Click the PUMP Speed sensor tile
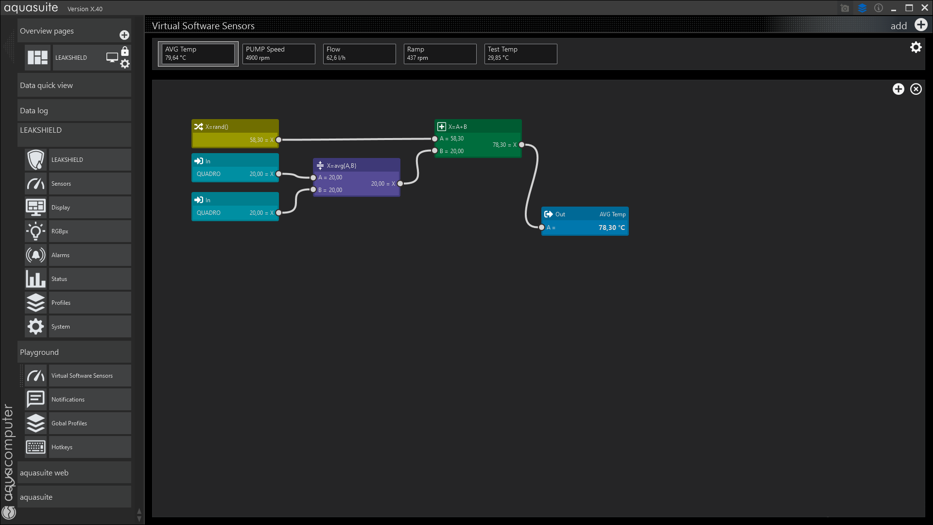click(278, 54)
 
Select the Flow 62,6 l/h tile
click(359, 54)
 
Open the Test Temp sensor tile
click(520, 54)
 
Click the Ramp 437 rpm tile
click(440, 54)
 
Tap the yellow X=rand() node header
click(235, 126)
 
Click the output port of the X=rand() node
click(278, 140)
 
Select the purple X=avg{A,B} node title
click(341, 166)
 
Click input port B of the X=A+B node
click(435, 151)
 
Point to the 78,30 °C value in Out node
click(612, 227)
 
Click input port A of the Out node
click(542, 227)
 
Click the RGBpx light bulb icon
click(35, 231)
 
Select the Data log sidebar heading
click(34, 111)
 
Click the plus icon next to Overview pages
click(124, 35)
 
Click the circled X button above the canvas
click(916, 89)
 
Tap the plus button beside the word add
click(921, 25)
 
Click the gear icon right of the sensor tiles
click(916, 47)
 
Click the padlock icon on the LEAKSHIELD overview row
click(125, 51)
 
